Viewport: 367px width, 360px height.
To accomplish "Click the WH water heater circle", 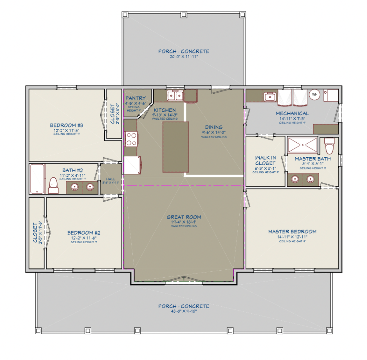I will (315, 95).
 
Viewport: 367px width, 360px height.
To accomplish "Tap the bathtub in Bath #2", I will (37, 178).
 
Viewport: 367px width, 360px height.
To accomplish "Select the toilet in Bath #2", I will (53, 185).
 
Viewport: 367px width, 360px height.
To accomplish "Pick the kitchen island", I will (175, 147).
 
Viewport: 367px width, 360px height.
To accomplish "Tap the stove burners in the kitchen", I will (130, 138).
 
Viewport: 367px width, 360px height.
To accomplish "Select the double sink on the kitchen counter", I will (175, 95).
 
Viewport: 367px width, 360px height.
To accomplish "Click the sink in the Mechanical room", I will (269, 96).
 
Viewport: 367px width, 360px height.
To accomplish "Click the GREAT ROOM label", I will (184, 217).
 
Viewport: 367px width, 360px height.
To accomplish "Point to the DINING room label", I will (213, 127).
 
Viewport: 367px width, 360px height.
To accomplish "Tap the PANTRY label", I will (135, 98).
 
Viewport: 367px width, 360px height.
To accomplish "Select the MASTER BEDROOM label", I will (292, 231).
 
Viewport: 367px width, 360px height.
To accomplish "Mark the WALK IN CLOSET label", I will (265, 160).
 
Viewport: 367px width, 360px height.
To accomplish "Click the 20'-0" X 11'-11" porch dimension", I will (183, 57).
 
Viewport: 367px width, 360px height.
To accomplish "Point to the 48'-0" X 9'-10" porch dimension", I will (183, 312).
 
